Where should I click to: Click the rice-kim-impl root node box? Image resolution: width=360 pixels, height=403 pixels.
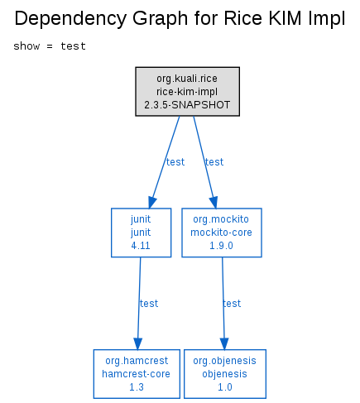[x=187, y=91]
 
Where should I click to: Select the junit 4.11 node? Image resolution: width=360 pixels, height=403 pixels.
[x=141, y=233]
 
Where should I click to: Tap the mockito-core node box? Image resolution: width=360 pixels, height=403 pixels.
[x=222, y=233]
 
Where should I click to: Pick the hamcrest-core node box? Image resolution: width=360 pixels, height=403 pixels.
[x=137, y=374]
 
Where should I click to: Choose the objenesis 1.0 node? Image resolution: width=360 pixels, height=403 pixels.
[x=225, y=374]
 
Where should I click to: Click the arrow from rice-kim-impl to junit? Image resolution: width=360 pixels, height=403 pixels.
[x=165, y=162]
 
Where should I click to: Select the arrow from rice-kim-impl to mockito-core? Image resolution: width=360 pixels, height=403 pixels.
[x=204, y=162]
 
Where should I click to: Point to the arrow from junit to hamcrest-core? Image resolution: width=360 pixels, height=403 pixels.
[x=139, y=304]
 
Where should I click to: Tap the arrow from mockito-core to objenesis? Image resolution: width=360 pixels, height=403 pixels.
[x=223, y=304]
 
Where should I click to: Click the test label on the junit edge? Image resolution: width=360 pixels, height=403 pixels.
[x=175, y=162]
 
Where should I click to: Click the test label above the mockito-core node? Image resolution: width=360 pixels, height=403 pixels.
[x=214, y=162]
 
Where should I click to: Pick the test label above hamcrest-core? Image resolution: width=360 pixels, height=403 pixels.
[x=149, y=304]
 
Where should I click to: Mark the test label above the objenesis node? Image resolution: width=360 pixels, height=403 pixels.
[x=232, y=304]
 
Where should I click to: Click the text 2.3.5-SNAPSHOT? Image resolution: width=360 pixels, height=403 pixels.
[x=187, y=105]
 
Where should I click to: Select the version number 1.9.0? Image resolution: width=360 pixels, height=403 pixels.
[x=221, y=246]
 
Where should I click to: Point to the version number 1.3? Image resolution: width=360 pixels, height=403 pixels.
[x=137, y=387]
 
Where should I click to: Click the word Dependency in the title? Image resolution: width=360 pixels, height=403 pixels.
[x=70, y=19]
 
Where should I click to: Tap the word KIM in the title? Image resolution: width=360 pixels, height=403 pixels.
[x=286, y=18]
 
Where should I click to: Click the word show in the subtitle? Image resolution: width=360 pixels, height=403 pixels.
[x=26, y=46]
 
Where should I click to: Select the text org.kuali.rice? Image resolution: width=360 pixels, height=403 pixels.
[x=187, y=79]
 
